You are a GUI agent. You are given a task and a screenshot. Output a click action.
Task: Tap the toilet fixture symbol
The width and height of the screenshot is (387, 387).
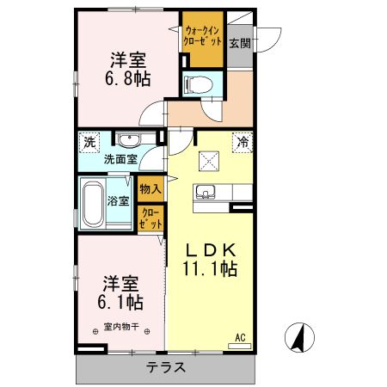coord(194,84)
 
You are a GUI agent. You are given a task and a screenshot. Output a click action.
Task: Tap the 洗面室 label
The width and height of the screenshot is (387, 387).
coord(121,159)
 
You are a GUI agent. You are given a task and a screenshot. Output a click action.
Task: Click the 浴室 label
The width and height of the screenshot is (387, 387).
coord(119,201)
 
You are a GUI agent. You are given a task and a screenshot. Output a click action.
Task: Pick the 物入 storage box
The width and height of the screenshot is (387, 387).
coord(150,187)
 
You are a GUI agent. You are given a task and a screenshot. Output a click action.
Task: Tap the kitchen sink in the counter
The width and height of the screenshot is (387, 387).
coord(206,192)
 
